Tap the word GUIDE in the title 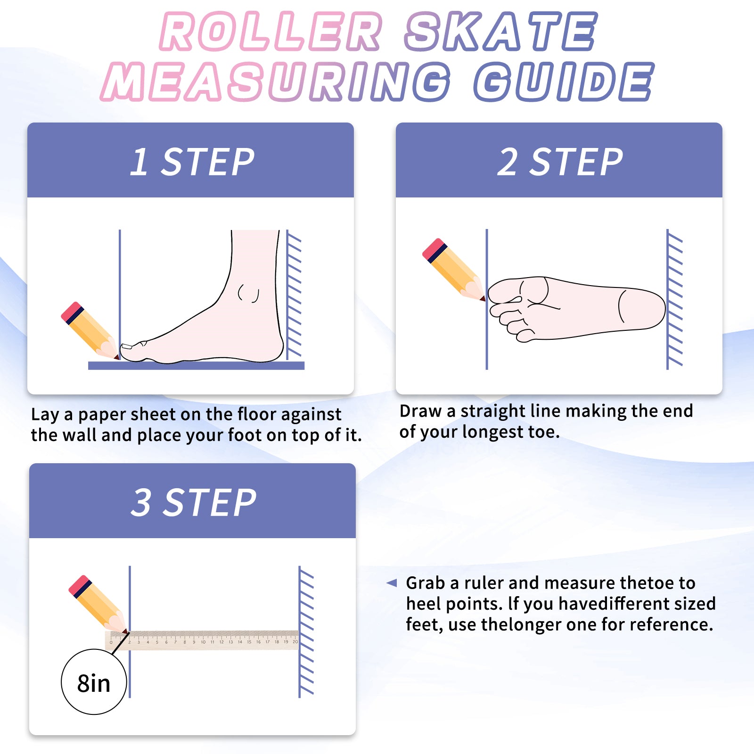(x=564, y=82)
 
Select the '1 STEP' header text (x=192, y=162)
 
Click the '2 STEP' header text (x=560, y=162)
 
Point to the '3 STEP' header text (x=194, y=502)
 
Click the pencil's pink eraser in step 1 (x=72, y=312)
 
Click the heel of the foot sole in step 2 (x=643, y=309)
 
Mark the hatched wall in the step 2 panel (x=674, y=299)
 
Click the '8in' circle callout (x=94, y=682)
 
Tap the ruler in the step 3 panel (x=202, y=640)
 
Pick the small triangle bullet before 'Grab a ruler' (x=392, y=583)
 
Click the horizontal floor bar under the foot (x=196, y=366)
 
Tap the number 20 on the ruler (x=295, y=642)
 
